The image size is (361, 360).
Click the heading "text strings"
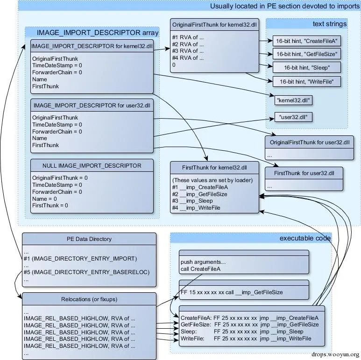pos(330,24)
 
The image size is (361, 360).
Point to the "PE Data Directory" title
pos(89,239)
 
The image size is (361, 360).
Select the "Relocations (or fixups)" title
pos(89,299)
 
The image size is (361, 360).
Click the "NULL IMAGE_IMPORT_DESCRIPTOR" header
pos(92,166)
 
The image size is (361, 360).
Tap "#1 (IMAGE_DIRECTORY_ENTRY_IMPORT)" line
pos(80,258)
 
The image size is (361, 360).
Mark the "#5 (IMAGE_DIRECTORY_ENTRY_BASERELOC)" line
pos(86,272)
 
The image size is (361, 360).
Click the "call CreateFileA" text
pos(200,268)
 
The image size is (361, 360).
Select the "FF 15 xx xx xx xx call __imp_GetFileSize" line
pos(231,292)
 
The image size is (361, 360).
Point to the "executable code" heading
pos(305,238)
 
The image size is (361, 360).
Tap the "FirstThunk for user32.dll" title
pos(304,173)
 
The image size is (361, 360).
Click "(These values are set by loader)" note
pos(212,180)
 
